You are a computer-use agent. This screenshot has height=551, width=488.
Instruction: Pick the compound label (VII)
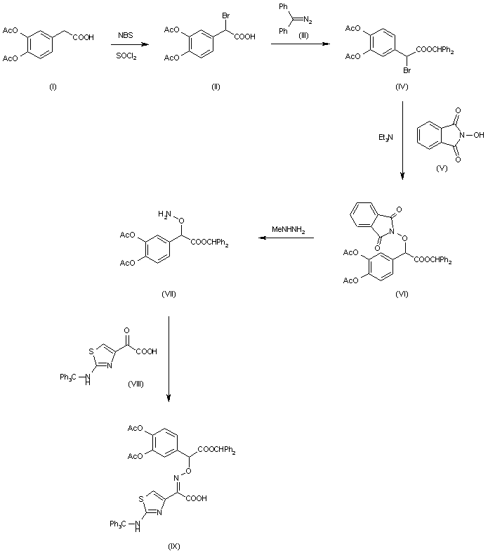(x=168, y=294)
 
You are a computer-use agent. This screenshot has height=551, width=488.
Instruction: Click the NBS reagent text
(x=124, y=34)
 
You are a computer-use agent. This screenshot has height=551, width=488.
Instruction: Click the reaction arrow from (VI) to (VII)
(x=284, y=240)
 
